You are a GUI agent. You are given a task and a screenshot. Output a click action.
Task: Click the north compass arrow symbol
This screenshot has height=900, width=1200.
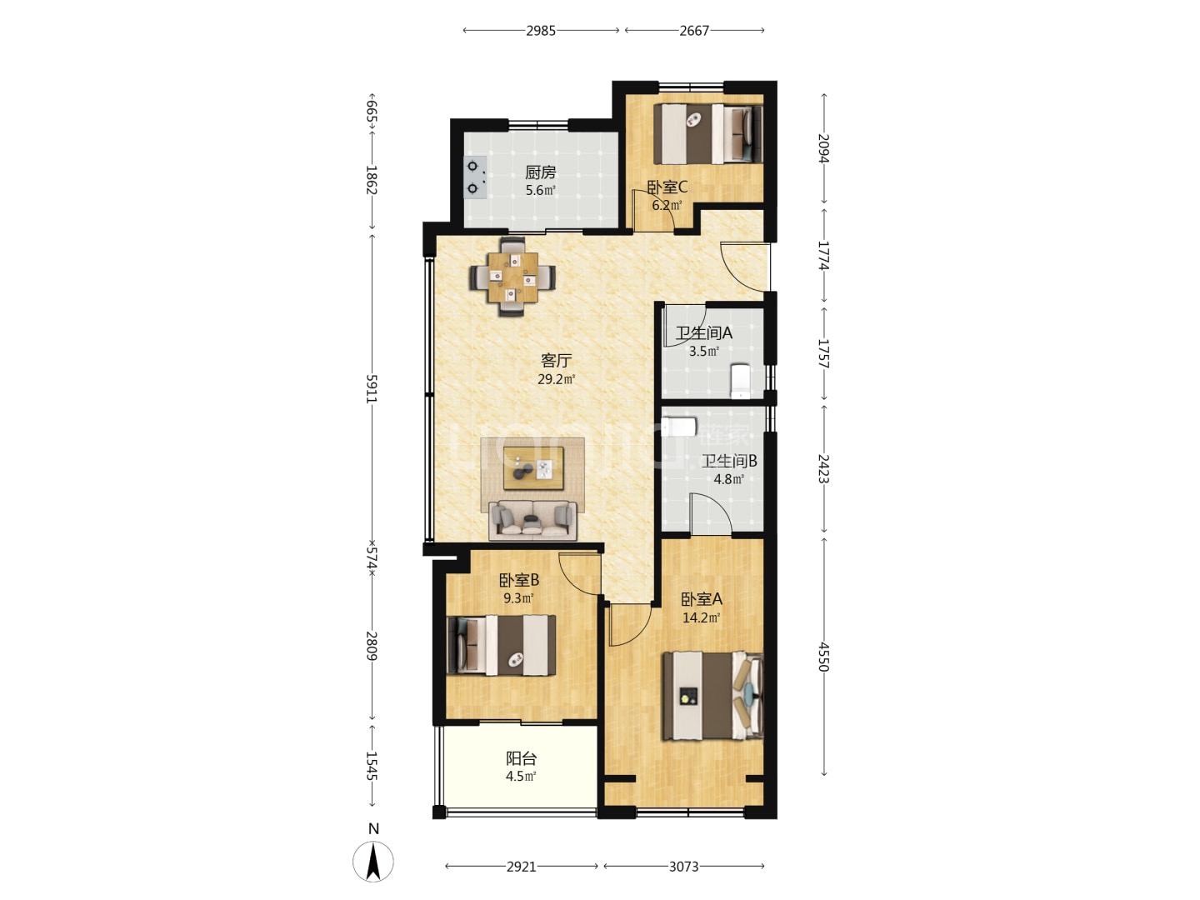point(372,862)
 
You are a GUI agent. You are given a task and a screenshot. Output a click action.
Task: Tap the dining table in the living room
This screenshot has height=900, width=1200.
point(512,277)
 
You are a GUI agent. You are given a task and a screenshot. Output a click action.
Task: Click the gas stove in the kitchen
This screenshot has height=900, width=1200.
point(474,177)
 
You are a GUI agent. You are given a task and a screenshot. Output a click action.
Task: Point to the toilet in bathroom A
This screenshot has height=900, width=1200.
point(740,380)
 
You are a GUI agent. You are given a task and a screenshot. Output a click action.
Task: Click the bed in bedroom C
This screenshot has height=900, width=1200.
point(707,134)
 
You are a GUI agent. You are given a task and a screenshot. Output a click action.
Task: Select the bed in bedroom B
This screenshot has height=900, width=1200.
point(502,645)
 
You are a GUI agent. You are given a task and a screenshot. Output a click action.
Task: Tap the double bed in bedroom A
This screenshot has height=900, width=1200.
point(712,696)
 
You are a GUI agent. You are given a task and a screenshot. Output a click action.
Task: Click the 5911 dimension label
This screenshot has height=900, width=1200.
point(372,388)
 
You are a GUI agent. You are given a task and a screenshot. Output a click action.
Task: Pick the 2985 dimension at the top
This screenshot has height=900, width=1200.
point(541,31)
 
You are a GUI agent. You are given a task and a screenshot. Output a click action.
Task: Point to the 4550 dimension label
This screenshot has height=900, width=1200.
point(824,657)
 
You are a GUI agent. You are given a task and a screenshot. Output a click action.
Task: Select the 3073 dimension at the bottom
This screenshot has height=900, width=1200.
point(684,867)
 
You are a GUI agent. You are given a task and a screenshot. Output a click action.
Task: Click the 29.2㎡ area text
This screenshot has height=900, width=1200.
point(557,379)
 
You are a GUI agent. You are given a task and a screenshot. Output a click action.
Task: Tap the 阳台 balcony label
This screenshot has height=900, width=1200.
point(521,758)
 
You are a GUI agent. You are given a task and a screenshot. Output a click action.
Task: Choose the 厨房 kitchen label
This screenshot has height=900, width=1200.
point(541,172)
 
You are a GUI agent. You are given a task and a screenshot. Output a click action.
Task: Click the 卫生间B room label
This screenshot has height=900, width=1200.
point(729,461)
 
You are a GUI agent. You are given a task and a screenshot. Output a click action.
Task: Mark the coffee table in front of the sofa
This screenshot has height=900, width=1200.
point(533,468)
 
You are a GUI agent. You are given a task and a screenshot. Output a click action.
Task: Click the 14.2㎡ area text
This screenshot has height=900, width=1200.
point(702,618)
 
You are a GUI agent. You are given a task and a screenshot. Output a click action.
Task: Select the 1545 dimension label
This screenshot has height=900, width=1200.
point(372,766)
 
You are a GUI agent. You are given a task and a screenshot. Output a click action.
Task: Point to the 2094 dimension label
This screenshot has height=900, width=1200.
point(824,148)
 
